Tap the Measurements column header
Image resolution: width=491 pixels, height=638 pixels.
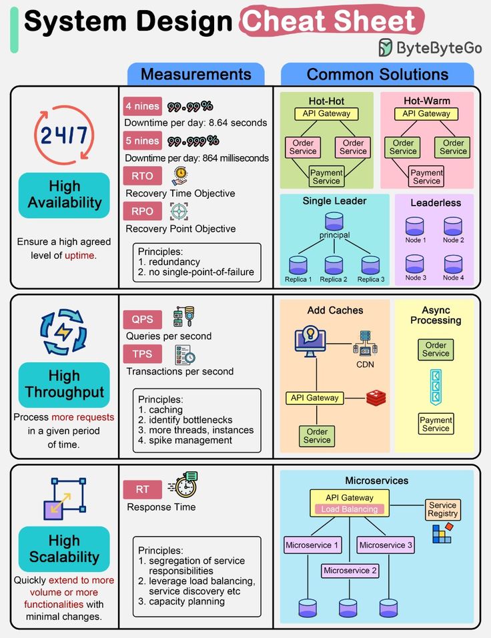click(x=195, y=74)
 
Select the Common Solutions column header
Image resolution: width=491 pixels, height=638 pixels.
click(x=378, y=74)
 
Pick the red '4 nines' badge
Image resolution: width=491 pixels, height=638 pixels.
click(x=142, y=106)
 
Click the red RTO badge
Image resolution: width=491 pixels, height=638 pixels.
click(x=142, y=176)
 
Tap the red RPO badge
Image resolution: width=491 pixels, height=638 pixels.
click(x=142, y=212)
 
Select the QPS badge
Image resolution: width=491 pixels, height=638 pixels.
click(x=142, y=319)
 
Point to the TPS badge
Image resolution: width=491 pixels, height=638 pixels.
click(x=142, y=354)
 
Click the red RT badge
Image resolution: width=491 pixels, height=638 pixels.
click(x=142, y=489)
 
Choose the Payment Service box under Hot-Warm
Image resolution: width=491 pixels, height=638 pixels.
click(x=427, y=177)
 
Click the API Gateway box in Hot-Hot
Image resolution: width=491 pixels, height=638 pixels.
click(x=326, y=113)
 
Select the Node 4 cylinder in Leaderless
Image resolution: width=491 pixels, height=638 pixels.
click(x=453, y=263)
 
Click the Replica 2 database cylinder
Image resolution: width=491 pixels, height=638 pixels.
click(x=334, y=265)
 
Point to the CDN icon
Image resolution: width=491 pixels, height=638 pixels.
click(x=365, y=344)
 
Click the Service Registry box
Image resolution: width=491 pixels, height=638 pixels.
click(x=443, y=510)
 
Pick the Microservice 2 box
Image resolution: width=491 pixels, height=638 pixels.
click(x=350, y=571)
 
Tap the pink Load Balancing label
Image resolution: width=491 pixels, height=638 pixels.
click(x=350, y=509)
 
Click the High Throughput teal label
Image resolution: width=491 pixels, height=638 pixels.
click(x=64, y=384)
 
